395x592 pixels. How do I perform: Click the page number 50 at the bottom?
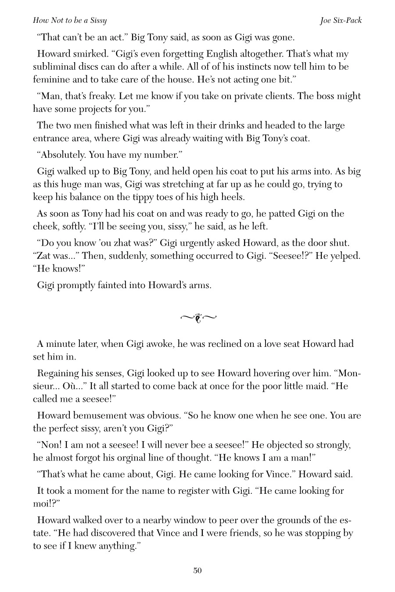point(197,571)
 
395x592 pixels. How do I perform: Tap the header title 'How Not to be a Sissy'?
point(70,21)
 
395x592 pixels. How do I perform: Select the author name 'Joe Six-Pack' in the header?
point(341,21)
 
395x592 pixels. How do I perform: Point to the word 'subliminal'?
point(54,67)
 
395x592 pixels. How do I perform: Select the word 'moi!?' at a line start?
point(46,503)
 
